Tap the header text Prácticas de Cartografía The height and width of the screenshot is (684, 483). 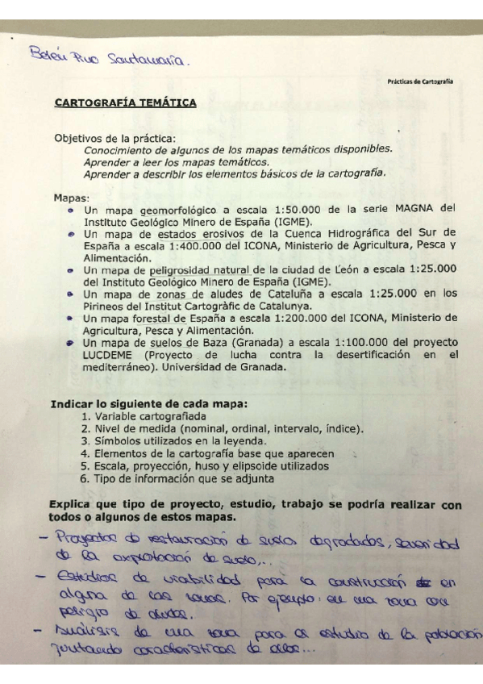point(419,81)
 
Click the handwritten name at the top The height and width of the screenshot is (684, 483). point(110,58)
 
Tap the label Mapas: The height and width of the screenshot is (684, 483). point(72,196)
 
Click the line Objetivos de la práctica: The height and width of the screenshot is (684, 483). point(114,138)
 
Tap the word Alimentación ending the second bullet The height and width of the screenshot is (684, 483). point(116,257)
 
